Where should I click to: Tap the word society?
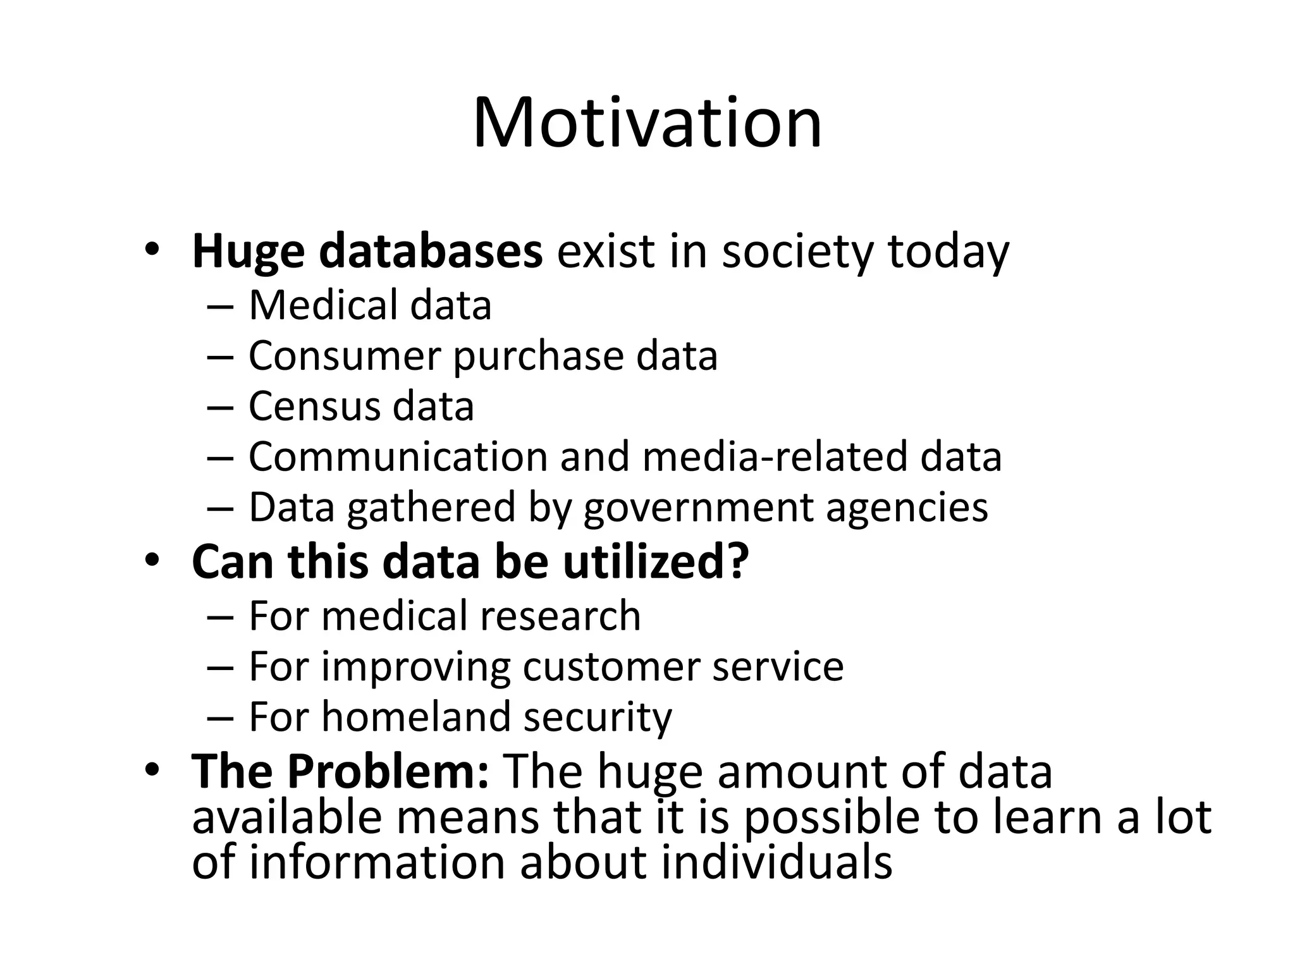pyautogui.click(x=798, y=252)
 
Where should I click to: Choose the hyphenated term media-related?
pyautogui.click(x=775, y=456)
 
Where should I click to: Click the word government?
pyautogui.click(x=698, y=508)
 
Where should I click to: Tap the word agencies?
pyautogui.click(x=907, y=508)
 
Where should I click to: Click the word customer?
pyautogui.click(x=610, y=666)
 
